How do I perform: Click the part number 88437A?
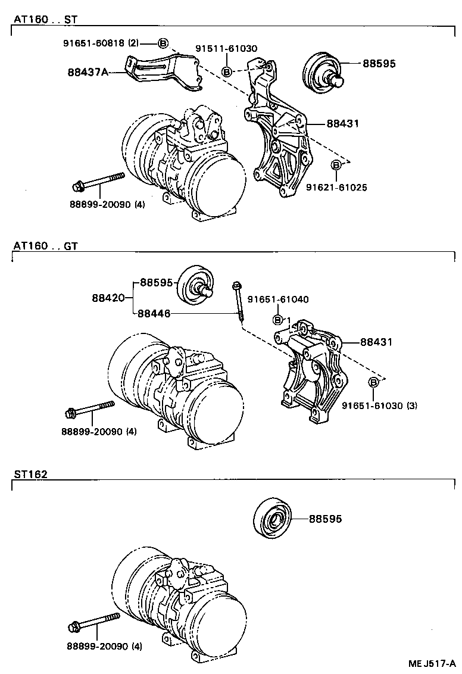click(x=88, y=73)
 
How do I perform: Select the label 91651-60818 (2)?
click(x=101, y=43)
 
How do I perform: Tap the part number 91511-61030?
click(x=226, y=48)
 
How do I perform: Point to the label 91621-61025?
click(x=336, y=187)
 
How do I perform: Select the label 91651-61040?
click(x=278, y=299)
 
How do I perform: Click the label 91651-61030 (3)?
click(x=379, y=405)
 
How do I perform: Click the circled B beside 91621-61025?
click(x=336, y=164)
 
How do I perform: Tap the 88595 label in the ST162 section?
click(x=325, y=519)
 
